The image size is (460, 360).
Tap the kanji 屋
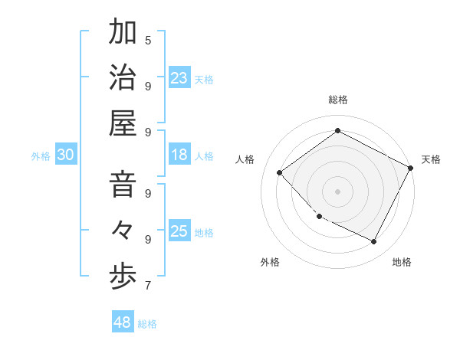[123, 123]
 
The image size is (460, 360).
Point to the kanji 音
[123, 186]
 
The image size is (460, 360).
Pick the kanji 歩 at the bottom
[123, 277]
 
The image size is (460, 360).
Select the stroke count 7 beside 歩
[148, 286]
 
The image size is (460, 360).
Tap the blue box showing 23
[179, 77]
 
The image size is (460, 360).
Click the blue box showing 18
[179, 155]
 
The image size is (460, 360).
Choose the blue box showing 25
[179, 231]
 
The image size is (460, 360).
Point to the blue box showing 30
[65, 155]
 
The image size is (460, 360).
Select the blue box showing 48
[123, 322]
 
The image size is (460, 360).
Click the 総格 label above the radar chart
[337, 100]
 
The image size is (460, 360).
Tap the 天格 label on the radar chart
[431, 159]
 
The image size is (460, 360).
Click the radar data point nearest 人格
[280, 173]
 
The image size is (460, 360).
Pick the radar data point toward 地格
[373, 241]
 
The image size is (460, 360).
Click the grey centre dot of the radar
[337, 191]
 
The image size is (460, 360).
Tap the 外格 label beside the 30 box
[41, 155]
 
